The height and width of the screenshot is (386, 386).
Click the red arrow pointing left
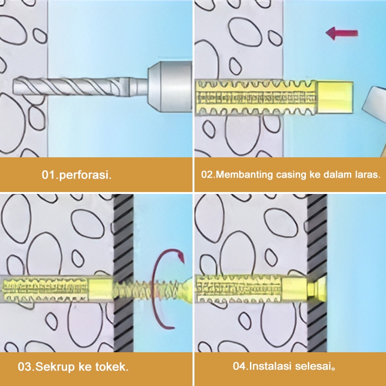click(342, 33)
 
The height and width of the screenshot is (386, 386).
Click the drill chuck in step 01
click(170, 86)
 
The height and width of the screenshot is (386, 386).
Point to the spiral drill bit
click(71, 86)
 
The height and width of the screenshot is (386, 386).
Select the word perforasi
click(85, 175)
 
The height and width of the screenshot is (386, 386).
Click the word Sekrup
click(55, 367)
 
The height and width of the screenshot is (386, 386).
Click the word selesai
click(315, 366)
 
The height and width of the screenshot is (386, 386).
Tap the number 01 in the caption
click(49, 175)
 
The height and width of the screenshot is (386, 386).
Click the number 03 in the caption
click(25, 367)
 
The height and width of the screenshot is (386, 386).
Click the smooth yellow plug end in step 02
click(335, 97)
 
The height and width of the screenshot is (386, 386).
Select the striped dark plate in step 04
click(317, 273)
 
